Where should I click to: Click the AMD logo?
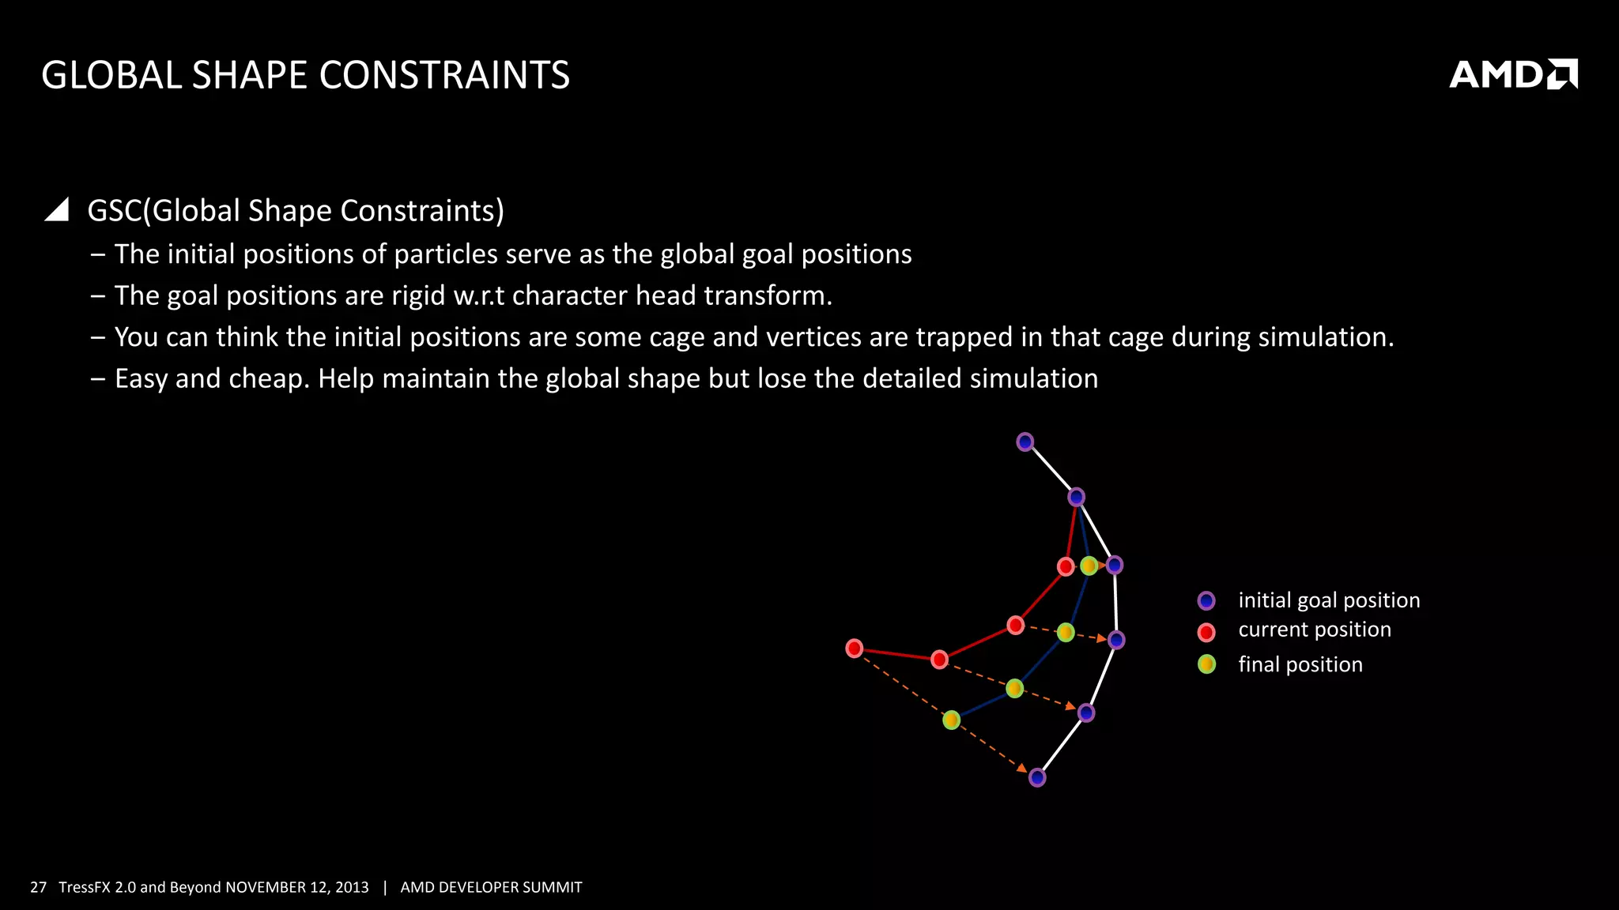1512,74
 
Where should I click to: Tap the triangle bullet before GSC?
57,209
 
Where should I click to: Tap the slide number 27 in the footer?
38,887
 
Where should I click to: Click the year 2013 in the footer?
351,887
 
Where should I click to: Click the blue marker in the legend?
1206,601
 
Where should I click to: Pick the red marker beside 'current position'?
1206,632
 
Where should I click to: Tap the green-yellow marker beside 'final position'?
1206,664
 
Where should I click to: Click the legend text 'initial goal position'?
1329,600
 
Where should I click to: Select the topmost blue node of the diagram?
1025,442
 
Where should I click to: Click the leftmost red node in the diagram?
855,649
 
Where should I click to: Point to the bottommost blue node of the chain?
1037,778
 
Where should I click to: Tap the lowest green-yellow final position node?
952,720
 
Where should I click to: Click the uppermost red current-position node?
1066,566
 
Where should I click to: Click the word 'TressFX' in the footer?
84,887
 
